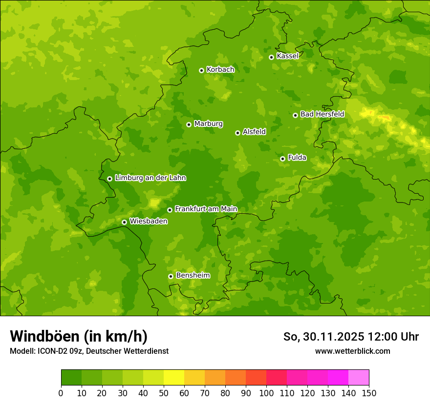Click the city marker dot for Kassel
coord(271,57)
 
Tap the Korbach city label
coord(220,70)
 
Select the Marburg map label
coord(208,124)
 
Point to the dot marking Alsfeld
coord(237,133)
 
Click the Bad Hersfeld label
coord(322,114)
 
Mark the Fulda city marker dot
coord(282,159)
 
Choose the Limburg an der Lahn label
coord(150,178)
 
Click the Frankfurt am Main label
coord(206,209)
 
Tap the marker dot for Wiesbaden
coord(124,222)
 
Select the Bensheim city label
coord(193,275)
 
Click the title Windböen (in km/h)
coord(79,336)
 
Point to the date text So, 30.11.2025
coord(323,337)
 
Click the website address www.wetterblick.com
coord(352,351)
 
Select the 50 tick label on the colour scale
coord(164,393)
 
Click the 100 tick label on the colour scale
coord(266,393)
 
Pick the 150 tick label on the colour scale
coord(369,393)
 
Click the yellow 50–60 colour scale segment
coord(174,378)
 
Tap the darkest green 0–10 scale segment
coord(71,378)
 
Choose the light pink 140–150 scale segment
coord(359,378)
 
